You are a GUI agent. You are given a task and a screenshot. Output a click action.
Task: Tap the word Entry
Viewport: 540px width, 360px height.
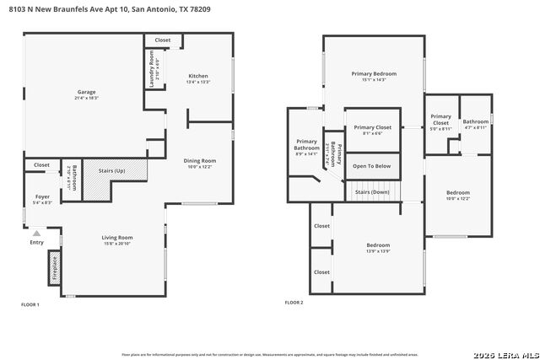click(x=36, y=243)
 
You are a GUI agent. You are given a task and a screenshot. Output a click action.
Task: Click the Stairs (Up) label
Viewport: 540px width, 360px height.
click(x=113, y=171)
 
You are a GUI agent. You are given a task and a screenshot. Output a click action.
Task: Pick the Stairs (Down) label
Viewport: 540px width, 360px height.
click(x=372, y=192)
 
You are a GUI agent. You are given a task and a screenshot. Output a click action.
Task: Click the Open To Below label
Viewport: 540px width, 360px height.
click(x=371, y=166)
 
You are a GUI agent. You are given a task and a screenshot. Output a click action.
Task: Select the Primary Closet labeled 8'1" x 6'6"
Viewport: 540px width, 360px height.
click(x=372, y=129)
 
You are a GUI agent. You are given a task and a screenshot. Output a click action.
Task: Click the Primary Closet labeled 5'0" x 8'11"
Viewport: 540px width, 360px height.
click(x=440, y=121)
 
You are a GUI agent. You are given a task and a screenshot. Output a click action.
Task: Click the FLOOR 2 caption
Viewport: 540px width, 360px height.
click(x=294, y=302)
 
